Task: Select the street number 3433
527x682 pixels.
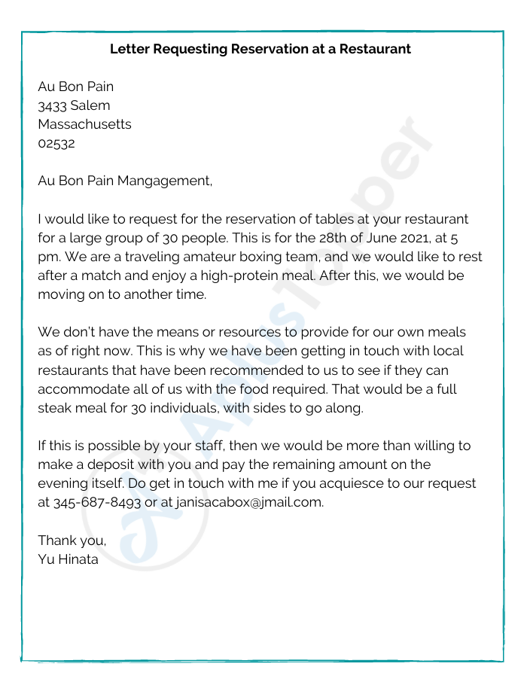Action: [x=52, y=105]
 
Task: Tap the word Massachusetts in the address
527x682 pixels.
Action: [x=84, y=124]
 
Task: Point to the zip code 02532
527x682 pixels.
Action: [x=56, y=143]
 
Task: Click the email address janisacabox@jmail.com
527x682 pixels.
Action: [x=249, y=502]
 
